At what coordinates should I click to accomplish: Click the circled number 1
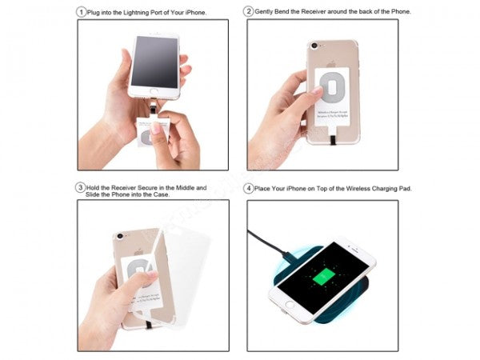(x=82, y=12)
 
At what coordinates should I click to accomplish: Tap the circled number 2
(x=250, y=12)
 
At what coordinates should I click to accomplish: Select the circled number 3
(x=82, y=188)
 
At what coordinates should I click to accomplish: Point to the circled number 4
(x=250, y=188)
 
